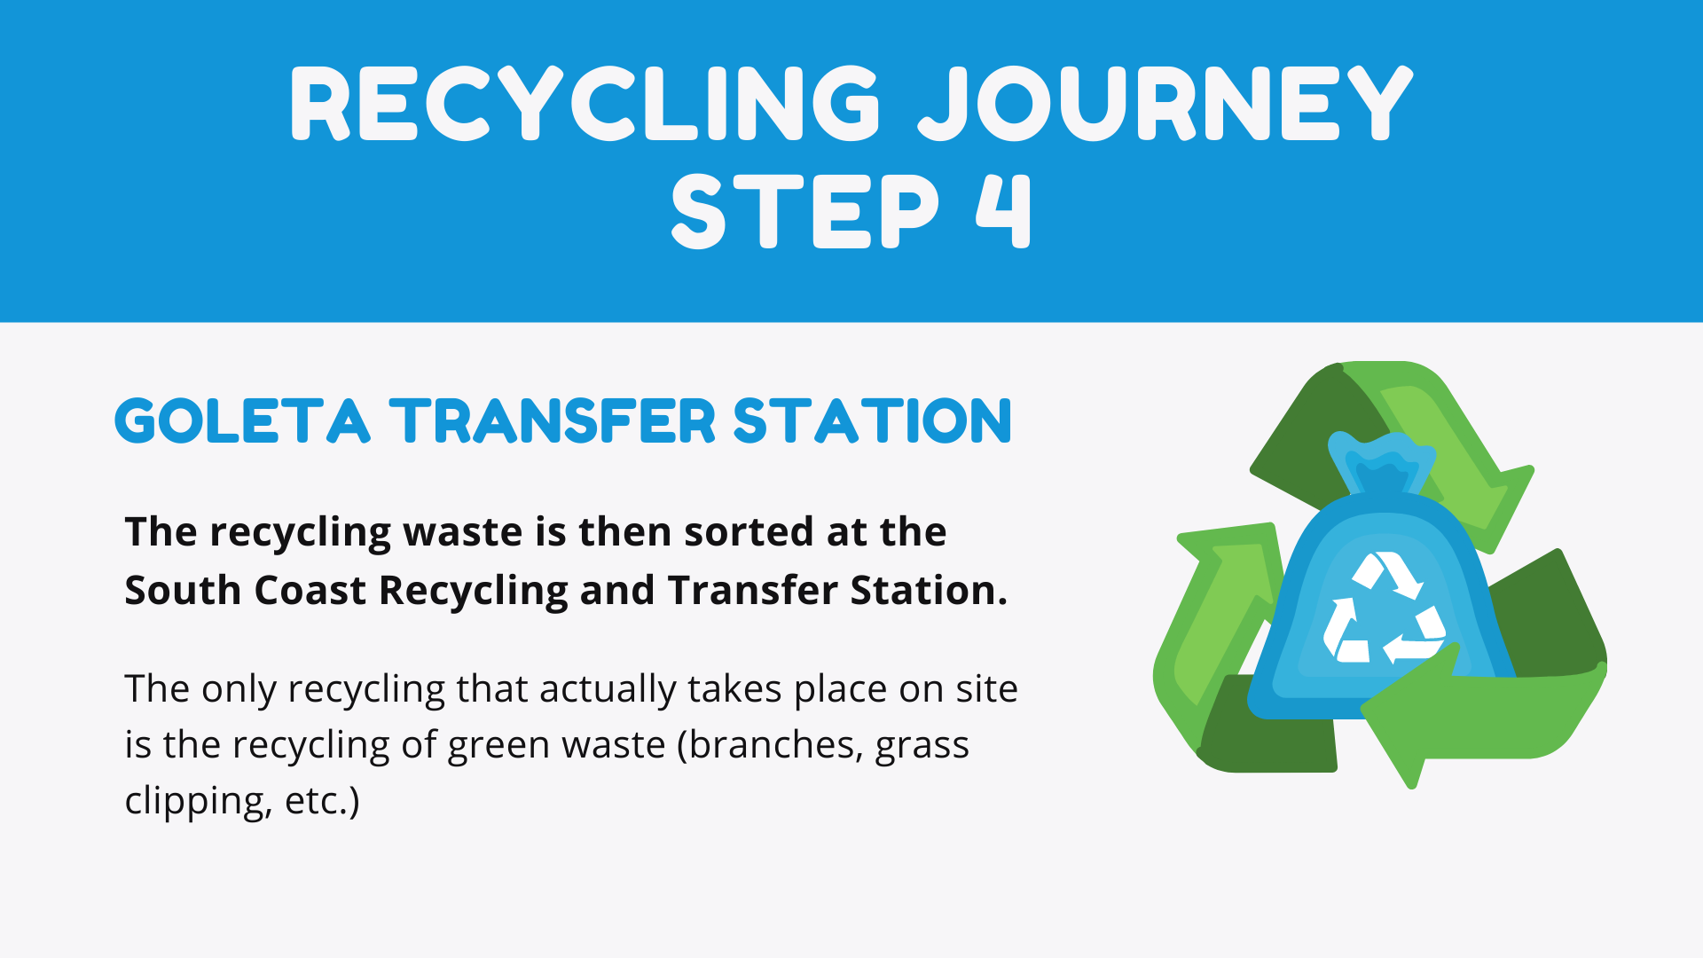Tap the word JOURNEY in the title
tap(1165, 104)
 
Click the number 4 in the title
tap(1004, 211)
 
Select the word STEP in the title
tap(804, 211)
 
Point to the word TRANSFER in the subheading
tap(553, 420)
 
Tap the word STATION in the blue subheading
tap(873, 420)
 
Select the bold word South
tap(183, 590)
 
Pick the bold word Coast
tap(310, 590)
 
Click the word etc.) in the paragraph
tap(322, 801)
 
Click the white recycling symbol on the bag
tap(1384, 608)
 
